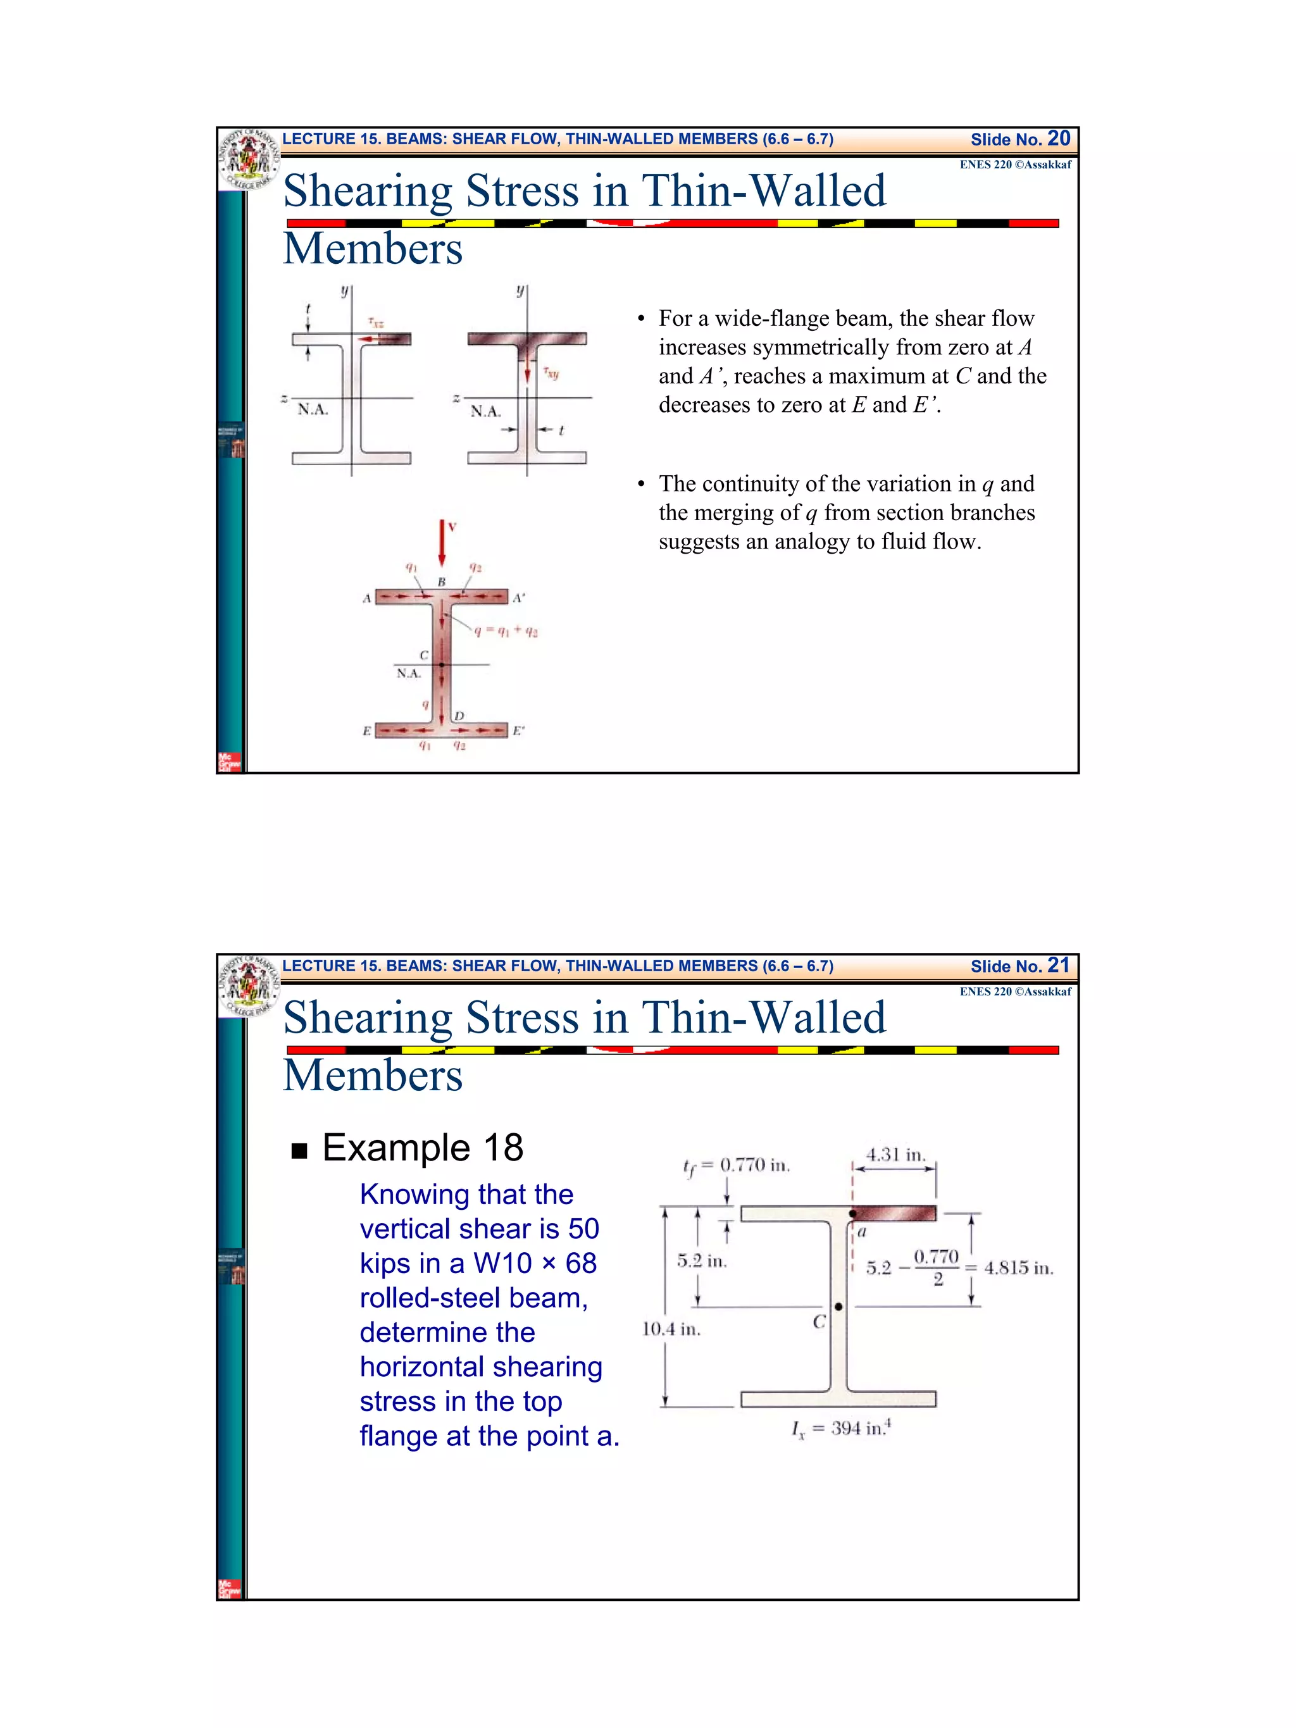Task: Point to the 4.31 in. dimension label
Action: point(895,1155)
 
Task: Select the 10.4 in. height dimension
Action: point(671,1329)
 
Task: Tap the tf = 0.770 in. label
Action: point(737,1166)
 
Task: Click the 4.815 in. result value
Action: point(1019,1268)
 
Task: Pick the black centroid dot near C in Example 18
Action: point(838,1306)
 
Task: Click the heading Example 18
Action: point(422,1148)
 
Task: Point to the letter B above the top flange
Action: point(441,582)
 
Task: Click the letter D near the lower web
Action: point(459,716)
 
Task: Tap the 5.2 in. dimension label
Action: point(702,1261)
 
